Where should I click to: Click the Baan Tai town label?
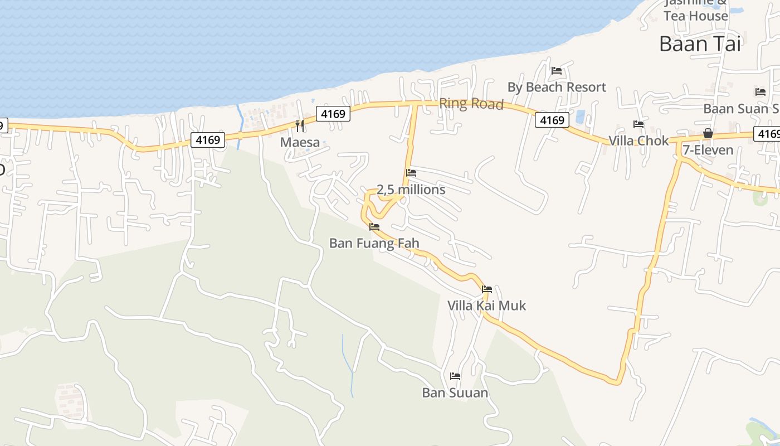coord(700,43)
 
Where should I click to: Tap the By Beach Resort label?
coord(557,88)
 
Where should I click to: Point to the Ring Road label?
coord(471,104)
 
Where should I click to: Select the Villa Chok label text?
coord(638,140)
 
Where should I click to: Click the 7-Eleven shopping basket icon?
coord(708,133)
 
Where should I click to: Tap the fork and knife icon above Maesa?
coord(300,125)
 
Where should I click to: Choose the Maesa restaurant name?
coord(300,142)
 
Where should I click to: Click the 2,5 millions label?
coord(411,190)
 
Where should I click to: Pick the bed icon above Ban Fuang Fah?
coord(374,227)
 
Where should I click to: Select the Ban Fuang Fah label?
coord(374,243)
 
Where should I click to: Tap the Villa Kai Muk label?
coord(486,306)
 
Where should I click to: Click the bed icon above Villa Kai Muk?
coord(487,289)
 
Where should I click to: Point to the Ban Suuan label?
coord(455,392)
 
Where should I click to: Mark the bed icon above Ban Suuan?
coord(455,376)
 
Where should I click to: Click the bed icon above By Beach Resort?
coord(556,71)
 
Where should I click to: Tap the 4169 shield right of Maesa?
coord(333,114)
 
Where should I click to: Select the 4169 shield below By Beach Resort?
coord(552,120)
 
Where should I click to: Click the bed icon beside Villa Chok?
coord(638,124)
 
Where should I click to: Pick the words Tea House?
coord(696,16)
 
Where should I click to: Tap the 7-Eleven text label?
coord(708,150)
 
